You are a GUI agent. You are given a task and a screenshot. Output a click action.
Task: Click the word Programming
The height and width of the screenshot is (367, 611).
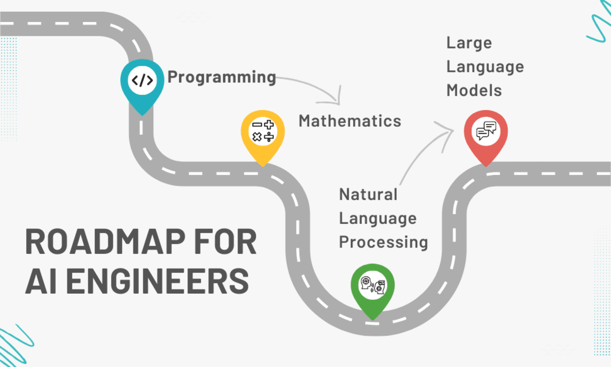pos(221,77)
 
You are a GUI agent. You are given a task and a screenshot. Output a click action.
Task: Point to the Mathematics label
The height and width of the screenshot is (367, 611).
pos(350,121)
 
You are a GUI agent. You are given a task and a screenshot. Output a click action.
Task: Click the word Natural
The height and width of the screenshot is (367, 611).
pos(368,194)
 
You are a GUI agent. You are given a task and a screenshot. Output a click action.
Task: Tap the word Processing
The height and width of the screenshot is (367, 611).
pos(383,242)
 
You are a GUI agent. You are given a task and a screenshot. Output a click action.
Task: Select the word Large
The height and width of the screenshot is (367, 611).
pos(469,43)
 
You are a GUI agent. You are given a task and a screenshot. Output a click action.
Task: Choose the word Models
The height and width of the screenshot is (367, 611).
pos(474,90)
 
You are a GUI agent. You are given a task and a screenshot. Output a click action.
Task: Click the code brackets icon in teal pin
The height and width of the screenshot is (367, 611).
pos(142,81)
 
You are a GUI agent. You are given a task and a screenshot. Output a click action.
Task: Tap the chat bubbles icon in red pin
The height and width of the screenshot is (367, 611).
pos(486,131)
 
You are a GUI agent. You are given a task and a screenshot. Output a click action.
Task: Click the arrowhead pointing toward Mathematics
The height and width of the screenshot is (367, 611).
pos(336,99)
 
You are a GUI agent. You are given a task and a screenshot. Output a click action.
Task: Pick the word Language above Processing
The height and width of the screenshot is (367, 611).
pos(378,218)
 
